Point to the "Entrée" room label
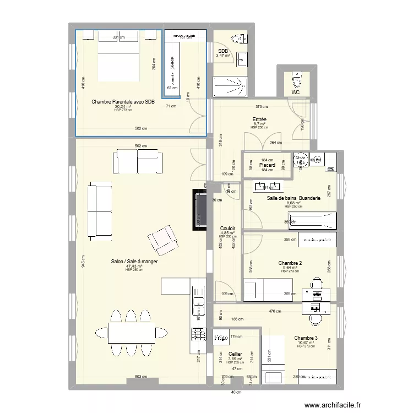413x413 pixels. click(259, 119)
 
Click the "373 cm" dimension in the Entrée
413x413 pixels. click(262, 107)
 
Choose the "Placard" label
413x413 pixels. click(267, 165)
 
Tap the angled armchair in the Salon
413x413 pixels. click(163, 241)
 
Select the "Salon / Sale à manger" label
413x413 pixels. click(134, 262)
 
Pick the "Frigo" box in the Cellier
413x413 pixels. click(221, 336)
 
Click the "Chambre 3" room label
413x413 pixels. click(306, 338)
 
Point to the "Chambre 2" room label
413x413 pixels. click(290, 263)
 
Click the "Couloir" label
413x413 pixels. click(227, 228)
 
